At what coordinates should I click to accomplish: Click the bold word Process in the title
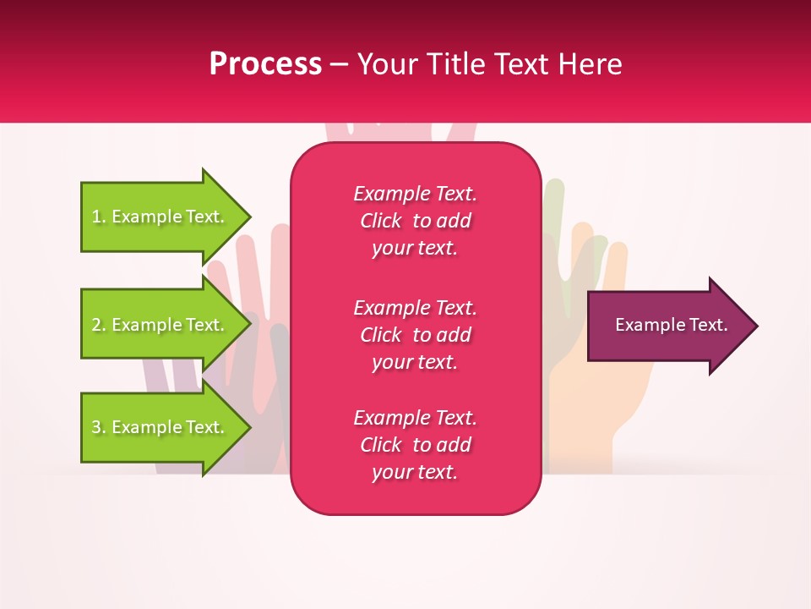coord(265,64)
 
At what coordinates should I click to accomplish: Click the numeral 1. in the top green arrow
coord(98,217)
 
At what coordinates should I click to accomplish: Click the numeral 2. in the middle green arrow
coord(98,325)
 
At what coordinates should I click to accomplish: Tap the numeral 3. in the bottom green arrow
coord(98,427)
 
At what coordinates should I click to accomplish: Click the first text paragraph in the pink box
coord(415,221)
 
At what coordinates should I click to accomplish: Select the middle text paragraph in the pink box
coord(415,335)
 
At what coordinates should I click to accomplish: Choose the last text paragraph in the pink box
coord(415,445)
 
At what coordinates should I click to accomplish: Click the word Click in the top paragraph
coord(380,221)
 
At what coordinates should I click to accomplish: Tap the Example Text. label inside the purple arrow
coord(671,325)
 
